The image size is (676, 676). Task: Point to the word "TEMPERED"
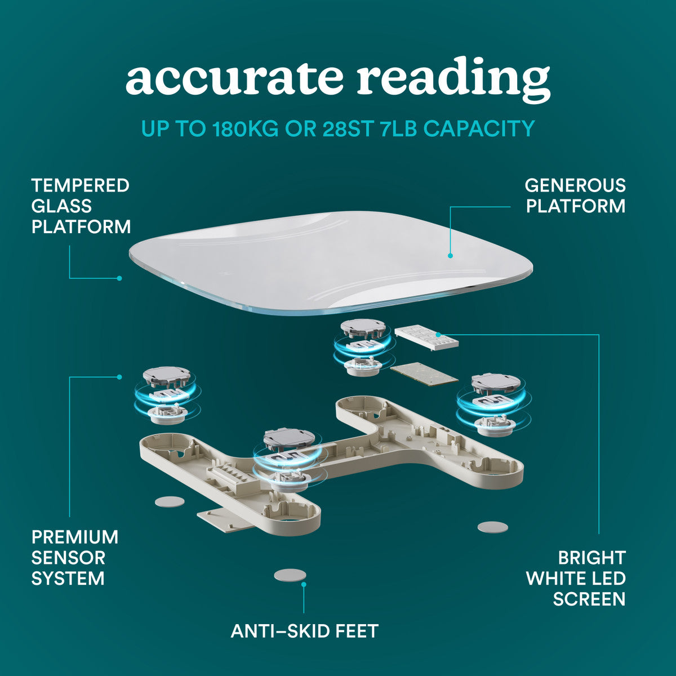click(x=80, y=185)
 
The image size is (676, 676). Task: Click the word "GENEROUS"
click(x=575, y=185)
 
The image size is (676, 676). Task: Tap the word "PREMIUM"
click(x=74, y=537)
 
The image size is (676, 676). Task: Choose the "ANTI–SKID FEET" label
click(x=304, y=631)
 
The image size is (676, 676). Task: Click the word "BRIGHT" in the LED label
click(x=591, y=558)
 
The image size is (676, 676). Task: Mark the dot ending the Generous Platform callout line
click(x=451, y=256)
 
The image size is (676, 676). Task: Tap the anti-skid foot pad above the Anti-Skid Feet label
click(x=290, y=575)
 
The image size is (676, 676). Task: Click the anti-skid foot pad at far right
click(x=492, y=527)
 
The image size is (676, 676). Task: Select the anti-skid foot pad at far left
click(x=170, y=501)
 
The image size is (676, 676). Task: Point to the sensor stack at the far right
click(x=493, y=403)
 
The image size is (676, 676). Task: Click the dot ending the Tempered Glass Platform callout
click(x=119, y=278)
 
